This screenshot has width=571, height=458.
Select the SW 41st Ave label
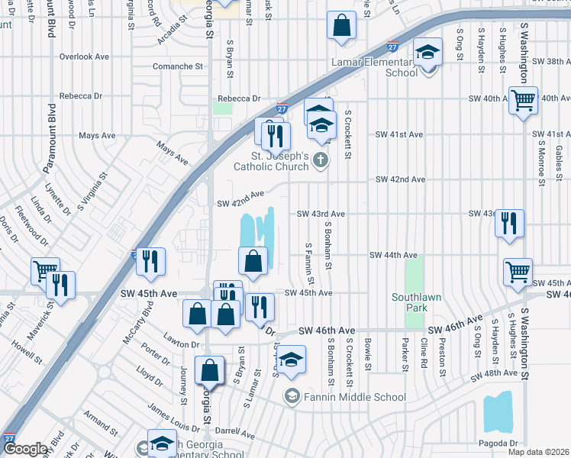point(398,134)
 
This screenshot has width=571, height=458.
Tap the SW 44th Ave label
point(393,255)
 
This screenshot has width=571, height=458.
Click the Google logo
point(26,450)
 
